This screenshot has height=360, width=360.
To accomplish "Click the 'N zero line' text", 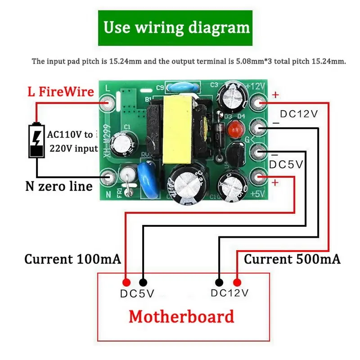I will (x=58, y=186).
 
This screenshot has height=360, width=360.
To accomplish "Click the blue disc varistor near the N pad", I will (x=145, y=180).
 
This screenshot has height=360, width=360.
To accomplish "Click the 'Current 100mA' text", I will (x=72, y=259).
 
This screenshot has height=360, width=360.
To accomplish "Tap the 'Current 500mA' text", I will (x=292, y=259).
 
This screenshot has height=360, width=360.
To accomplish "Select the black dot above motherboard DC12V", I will (x=219, y=282).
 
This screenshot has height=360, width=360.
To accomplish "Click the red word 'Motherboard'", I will (x=181, y=316).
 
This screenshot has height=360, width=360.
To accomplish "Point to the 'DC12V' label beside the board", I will (x=299, y=114).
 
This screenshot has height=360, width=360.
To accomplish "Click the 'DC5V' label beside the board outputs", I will (x=286, y=165).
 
